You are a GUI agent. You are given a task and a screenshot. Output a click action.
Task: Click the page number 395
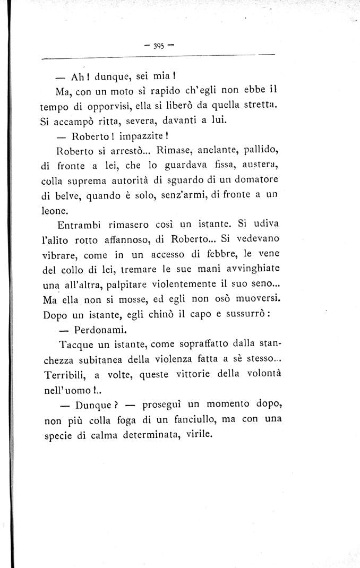click(158, 46)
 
